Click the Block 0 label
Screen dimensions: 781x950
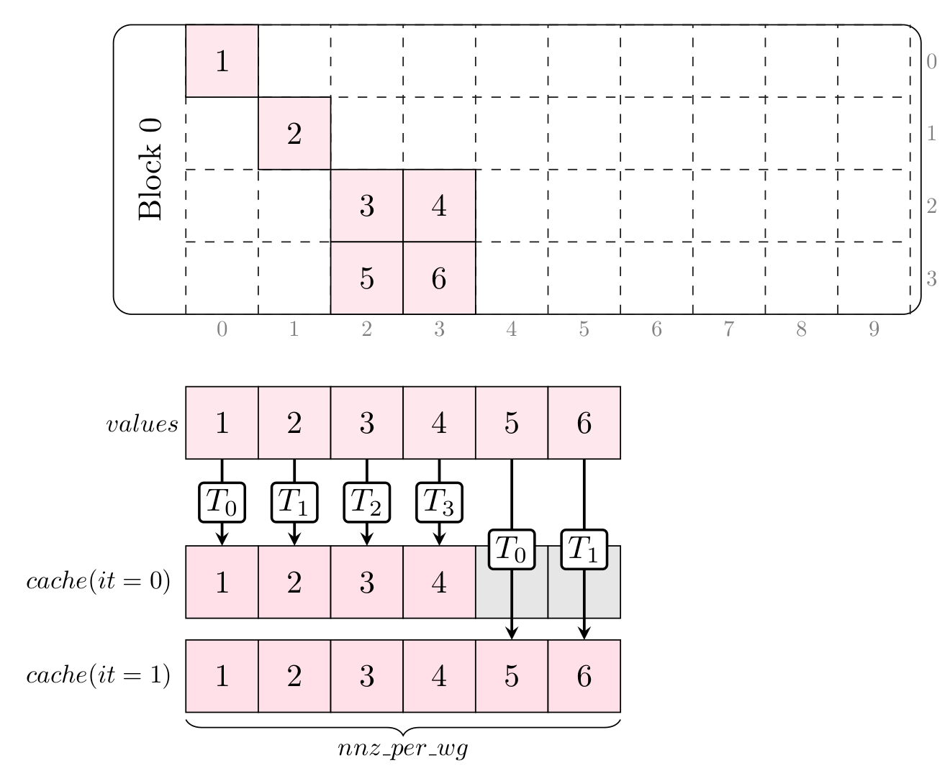click(150, 169)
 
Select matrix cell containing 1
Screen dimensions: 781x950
click(222, 61)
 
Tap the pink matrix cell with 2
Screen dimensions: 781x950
click(294, 133)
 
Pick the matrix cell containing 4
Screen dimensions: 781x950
click(439, 206)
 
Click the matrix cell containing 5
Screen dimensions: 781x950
click(367, 278)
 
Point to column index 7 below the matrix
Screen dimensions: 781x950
click(729, 329)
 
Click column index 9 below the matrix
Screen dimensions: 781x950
click(874, 329)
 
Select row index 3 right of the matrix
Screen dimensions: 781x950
click(931, 279)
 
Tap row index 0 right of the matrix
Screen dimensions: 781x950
click(931, 62)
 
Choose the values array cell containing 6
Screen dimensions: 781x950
click(584, 423)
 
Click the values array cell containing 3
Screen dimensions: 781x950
click(367, 423)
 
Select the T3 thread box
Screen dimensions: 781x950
click(439, 502)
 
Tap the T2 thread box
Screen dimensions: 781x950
click(367, 502)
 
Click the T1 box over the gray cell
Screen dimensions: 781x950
click(584, 549)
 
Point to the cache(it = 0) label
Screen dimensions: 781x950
click(98, 581)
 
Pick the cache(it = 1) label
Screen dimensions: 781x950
click(98, 676)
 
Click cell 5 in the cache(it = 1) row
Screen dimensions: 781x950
click(512, 676)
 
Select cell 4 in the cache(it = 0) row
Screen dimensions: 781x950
click(439, 582)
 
